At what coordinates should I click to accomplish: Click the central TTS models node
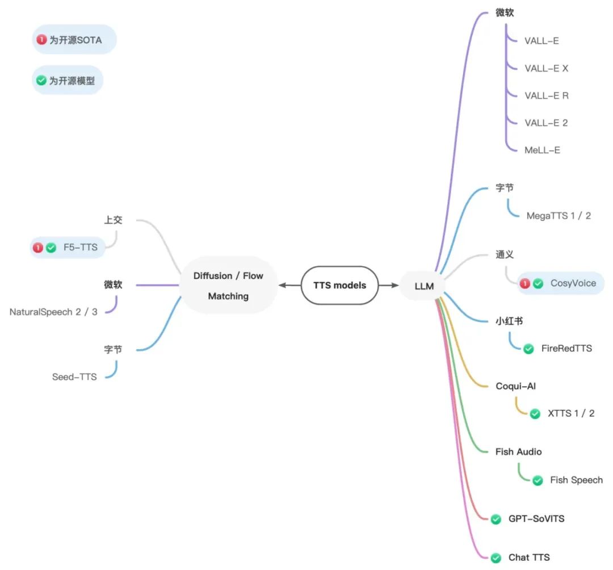tap(339, 285)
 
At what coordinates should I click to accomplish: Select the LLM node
tap(424, 286)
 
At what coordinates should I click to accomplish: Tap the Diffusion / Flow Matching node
tap(228, 286)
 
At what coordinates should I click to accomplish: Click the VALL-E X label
tap(546, 68)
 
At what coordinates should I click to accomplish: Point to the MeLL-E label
tap(542, 150)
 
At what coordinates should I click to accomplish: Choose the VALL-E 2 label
tap(546, 123)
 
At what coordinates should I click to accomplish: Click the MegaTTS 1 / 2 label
tap(559, 216)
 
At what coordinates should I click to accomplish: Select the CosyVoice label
tap(573, 283)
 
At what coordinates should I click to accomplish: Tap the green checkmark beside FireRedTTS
tap(528, 349)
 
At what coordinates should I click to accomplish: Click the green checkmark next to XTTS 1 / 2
tap(535, 414)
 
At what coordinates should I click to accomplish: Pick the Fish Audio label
tap(518, 452)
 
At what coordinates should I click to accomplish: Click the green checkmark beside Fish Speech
tap(538, 480)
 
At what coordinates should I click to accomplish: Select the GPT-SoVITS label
tap(536, 518)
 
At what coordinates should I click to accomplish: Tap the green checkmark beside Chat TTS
tap(496, 558)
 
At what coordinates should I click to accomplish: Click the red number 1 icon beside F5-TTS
tap(38, 248)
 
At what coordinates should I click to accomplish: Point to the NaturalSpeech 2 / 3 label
tap(53, 312)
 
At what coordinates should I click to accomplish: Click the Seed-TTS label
tap(74, 376)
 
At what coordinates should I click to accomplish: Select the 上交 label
tap(113, 220)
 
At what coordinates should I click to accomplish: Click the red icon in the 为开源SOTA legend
tap(41, 40)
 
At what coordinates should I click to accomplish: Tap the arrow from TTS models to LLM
tap(389, 285)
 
